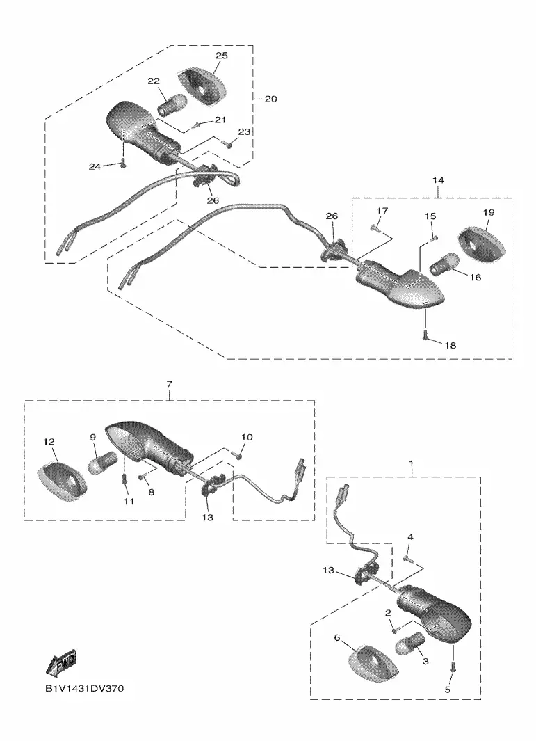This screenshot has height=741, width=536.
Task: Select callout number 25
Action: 221,55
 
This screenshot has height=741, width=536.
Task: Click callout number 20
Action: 270,99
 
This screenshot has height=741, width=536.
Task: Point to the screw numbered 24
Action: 123,164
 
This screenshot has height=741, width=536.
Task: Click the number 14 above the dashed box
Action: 438,180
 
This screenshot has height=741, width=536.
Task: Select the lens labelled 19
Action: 481,243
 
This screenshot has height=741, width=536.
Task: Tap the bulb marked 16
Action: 444,264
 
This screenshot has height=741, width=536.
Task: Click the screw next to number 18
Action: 425,337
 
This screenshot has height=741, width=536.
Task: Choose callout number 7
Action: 169,384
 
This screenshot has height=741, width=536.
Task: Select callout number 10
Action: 247,438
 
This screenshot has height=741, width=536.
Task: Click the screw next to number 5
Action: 453,667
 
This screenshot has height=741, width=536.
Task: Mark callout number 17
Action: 382,210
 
